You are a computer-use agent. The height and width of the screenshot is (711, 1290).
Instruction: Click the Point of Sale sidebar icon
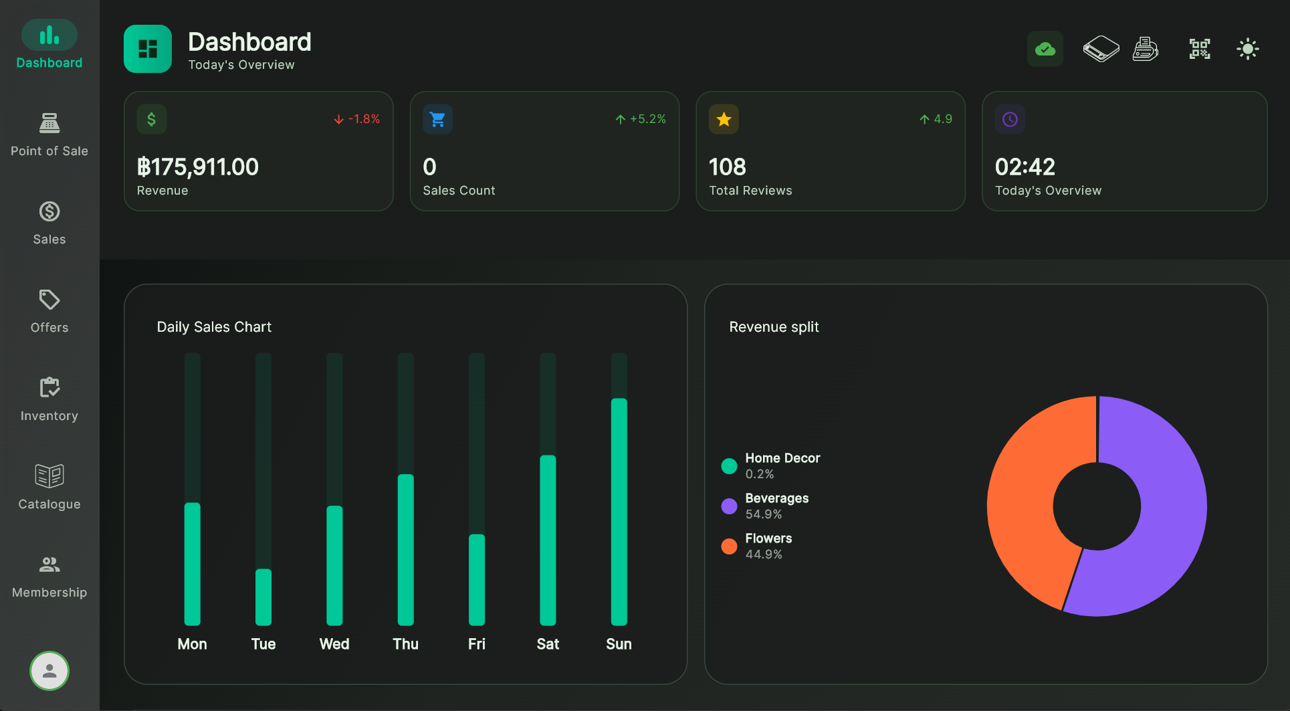[x=49, y=123]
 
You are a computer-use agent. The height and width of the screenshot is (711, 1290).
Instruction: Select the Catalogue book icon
[x=49, y=476]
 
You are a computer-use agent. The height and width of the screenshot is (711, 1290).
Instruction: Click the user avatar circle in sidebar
[x=49, y=670]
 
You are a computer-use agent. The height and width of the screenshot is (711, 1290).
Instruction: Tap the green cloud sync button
[x=1045, y=49]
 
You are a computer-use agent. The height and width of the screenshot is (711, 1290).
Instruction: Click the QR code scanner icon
[x=1199, y=49]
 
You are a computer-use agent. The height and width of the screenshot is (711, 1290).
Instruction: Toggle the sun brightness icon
[x=1247, y=49]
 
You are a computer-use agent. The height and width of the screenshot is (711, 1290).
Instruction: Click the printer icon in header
[x=1145, y=49]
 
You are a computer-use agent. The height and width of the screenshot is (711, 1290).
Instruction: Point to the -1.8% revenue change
[x=357, y=119]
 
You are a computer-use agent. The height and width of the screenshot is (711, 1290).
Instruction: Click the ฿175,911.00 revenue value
[x=198, y=167]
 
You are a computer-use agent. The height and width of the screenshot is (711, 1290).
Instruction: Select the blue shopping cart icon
[x=438, y=119]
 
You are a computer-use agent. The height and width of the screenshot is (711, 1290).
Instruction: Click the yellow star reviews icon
[x=724, y=119]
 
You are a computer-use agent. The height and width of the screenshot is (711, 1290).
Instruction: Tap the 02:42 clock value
[x=1025, y=167]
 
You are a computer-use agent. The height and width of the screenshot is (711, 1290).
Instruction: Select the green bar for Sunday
[x=619, y=512]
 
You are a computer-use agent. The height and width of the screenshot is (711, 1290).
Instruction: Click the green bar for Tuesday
[x=263, y=597]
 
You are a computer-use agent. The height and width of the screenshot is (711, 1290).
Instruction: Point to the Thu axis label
[x=405, y=644]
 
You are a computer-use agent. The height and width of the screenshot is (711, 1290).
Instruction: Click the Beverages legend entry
[x=776, y=506]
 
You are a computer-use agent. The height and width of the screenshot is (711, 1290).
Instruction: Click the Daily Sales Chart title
[x=214, y=327]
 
